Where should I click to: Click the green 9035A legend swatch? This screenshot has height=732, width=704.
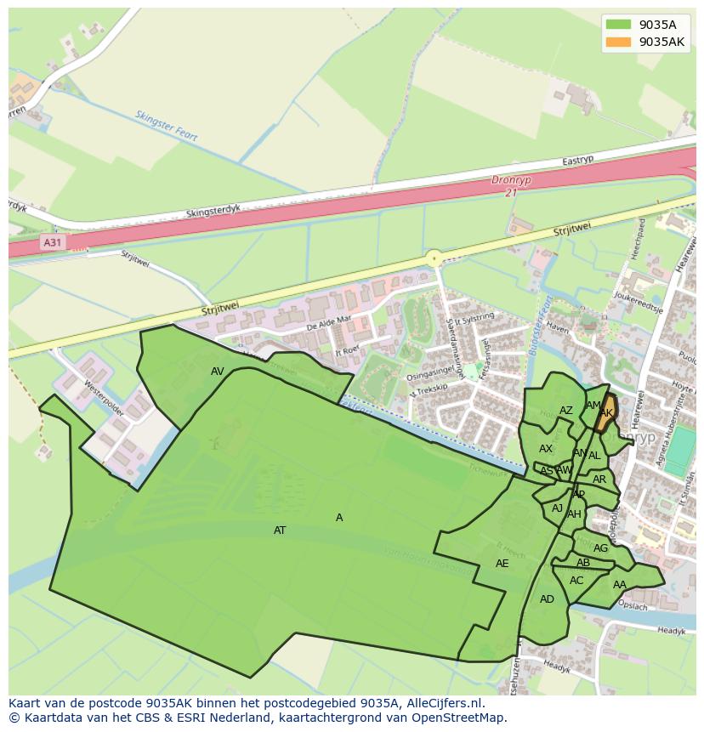618,25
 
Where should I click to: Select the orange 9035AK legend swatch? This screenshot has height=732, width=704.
618,42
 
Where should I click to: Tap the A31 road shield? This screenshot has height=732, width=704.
53,242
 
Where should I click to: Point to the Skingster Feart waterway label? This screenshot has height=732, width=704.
167,125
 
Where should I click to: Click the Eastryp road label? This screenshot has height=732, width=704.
578,161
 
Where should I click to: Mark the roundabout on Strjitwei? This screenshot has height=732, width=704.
434,258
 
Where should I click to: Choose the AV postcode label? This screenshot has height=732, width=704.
218,372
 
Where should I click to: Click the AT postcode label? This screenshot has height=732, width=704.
280,531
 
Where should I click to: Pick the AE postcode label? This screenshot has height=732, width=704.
502,564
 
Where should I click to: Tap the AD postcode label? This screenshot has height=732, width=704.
547,599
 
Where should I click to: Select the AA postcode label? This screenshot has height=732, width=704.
620,585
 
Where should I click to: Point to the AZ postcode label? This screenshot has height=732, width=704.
566,411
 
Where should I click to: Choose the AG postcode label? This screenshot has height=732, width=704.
601,548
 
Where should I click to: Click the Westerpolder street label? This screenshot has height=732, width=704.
104,396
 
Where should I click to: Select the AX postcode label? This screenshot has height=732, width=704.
546,449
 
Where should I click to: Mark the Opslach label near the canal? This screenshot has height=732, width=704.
633,606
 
